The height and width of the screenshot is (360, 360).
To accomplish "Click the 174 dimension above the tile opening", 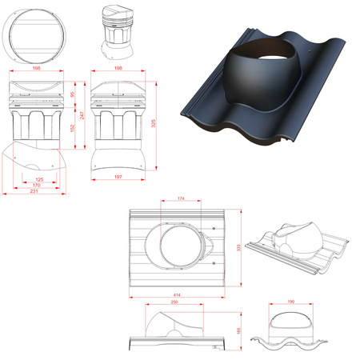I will (x=182, y=197).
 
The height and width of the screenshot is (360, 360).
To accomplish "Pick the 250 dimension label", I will (x=174, y=303).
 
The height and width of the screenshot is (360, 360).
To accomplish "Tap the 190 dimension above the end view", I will (x=281, y=303).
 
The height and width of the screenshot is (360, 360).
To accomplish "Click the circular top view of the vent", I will (x=34, y=38).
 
